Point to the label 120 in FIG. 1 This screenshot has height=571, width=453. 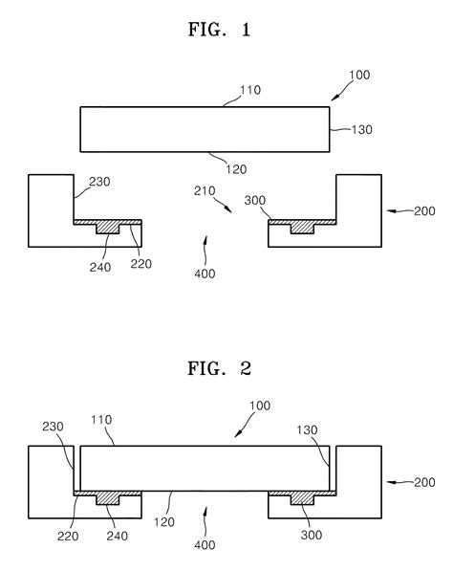tap(236, 169)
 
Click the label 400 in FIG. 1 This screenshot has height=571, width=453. tap(205, 274)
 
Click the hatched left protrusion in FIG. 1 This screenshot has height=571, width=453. tap(107, 228)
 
